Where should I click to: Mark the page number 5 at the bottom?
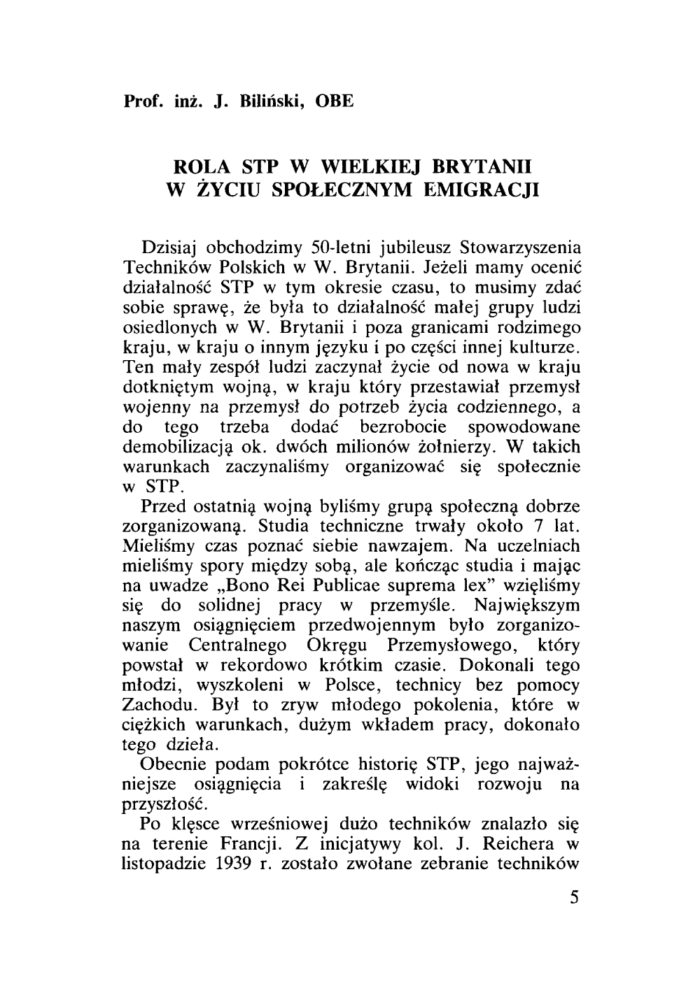(x=574, y=899)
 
